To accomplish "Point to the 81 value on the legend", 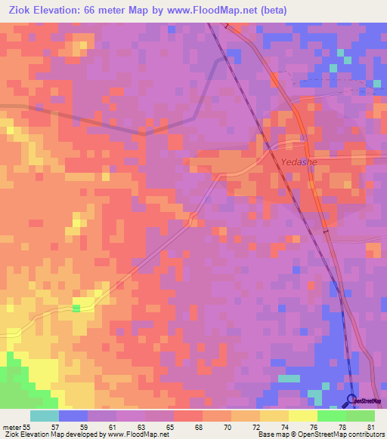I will (x=370, y=428).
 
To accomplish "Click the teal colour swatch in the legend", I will (x=45, y=416).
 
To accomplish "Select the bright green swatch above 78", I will (x=331, y=416).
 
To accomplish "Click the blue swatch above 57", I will (x=73, y=416).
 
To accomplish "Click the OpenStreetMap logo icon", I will (x=352, y=400).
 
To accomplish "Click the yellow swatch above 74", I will (x=274, y=416).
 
